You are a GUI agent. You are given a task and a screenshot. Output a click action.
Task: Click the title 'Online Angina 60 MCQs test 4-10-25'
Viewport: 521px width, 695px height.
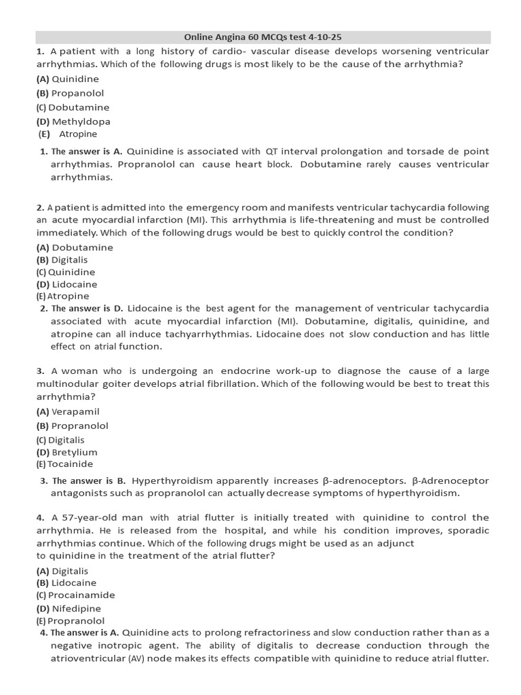[x=263, y=37]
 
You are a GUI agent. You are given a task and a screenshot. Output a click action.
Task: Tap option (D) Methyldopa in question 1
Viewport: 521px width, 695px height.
[x=73, y=121]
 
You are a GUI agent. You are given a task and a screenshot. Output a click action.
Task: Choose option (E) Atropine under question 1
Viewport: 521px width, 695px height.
[x=68, y=134]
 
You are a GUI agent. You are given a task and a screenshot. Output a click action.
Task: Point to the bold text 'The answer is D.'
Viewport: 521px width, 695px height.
[x=87, y=308]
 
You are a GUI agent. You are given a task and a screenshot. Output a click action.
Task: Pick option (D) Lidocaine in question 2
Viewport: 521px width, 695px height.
[x=66, y=284]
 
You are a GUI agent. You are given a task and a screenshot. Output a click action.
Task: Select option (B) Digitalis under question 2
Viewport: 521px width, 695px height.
[x=62, y=260]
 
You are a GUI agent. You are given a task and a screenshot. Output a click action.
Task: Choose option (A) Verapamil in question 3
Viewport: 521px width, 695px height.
[x=68, y=411]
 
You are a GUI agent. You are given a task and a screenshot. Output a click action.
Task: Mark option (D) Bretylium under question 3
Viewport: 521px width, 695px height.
[x=66, y=452]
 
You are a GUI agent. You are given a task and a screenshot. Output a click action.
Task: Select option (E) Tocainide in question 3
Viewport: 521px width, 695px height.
[x=64, y=464]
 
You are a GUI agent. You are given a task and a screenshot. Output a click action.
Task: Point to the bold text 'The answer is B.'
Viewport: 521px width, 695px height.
[x=87, y=481]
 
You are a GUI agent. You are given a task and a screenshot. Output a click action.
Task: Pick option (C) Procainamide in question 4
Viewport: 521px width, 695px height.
[x=75, y=595]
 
